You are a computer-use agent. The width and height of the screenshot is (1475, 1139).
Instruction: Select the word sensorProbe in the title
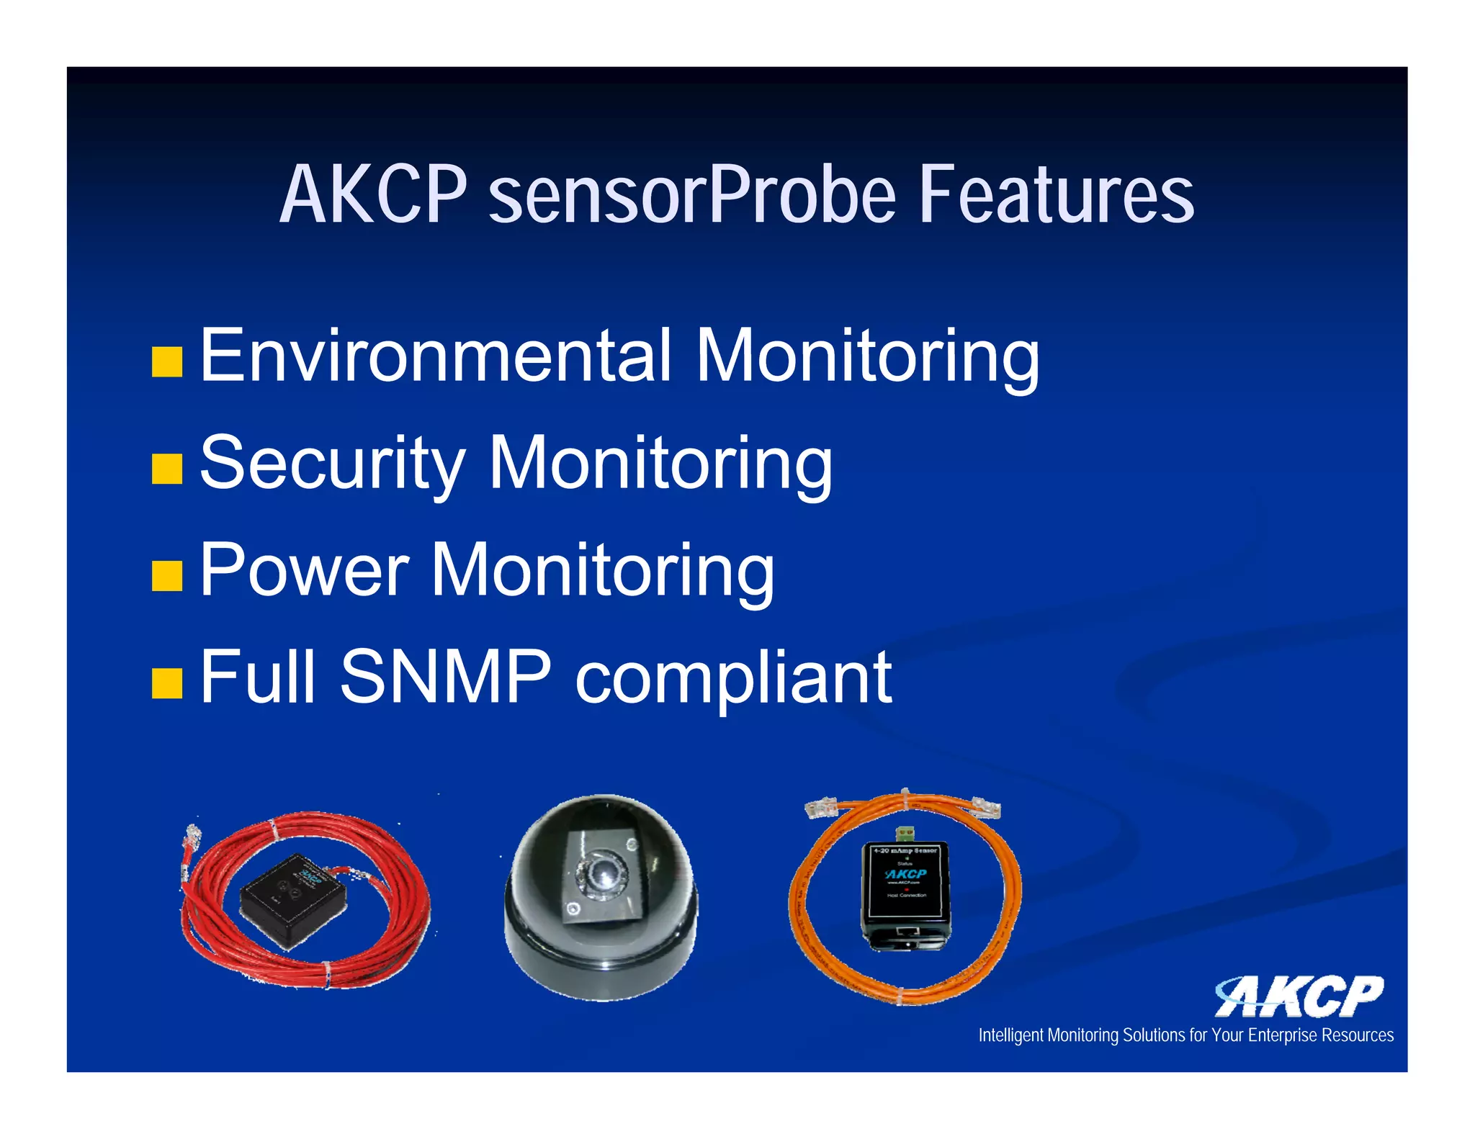pos(692,194)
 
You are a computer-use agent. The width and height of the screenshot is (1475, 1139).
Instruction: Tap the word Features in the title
pos(1057,194)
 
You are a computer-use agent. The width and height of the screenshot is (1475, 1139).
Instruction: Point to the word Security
pos(333,463)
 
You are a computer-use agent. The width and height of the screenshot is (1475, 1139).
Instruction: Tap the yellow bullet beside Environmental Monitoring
pos(167,362)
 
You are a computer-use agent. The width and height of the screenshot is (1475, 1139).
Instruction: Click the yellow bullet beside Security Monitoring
pos(167,469)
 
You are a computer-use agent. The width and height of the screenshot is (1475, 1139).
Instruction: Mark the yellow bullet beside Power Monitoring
pos(167,576)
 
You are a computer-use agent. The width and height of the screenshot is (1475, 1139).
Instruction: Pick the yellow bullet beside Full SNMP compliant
pos(167,683)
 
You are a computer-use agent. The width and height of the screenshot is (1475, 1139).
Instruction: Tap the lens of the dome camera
pos(602,875)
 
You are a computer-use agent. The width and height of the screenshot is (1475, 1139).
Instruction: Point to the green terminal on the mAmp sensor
pos(906,833)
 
